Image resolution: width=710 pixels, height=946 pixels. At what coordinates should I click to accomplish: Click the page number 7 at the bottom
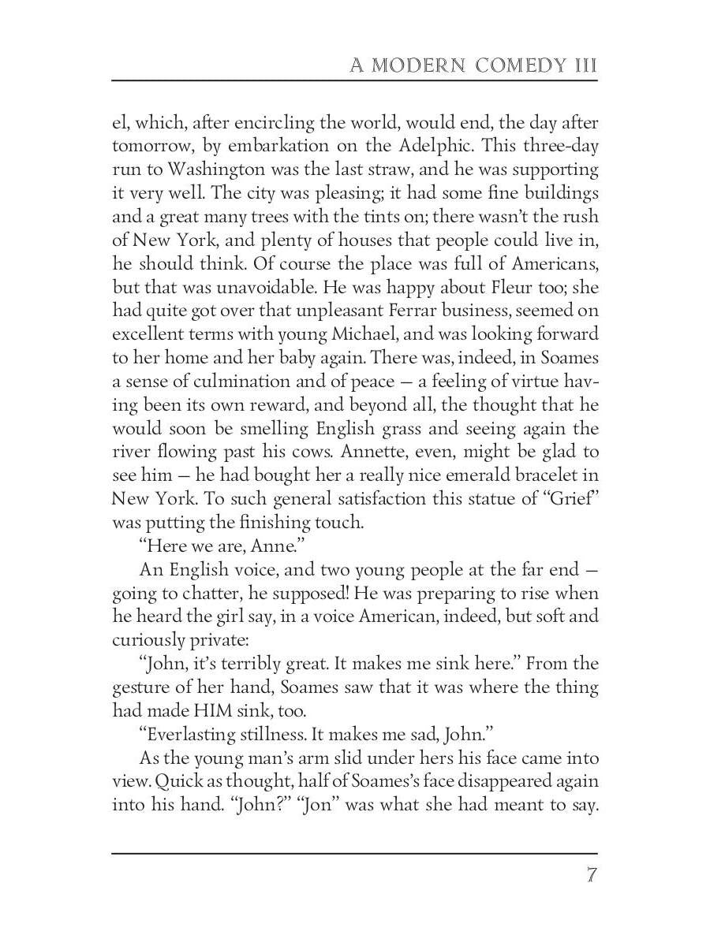(x=591, y=876)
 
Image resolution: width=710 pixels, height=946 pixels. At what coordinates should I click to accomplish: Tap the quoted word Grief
(x=566, y=500)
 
